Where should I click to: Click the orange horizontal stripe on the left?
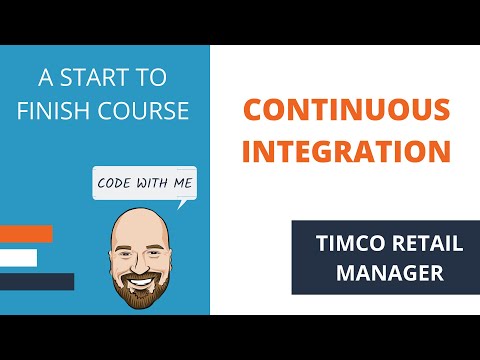(26, 234)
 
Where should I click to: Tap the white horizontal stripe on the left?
(18, 258)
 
